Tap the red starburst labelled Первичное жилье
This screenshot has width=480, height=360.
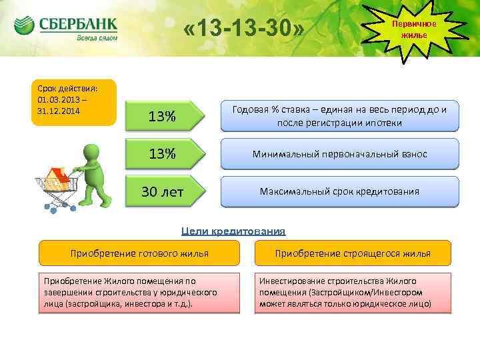click(x=414, y=29)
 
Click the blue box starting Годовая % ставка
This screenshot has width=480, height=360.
click(x=339, y=116)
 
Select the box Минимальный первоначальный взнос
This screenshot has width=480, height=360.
click(x=339, y=154)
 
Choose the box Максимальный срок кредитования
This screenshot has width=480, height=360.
click(x=339, y=192)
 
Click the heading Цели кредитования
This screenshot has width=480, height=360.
click(x=233, y=231)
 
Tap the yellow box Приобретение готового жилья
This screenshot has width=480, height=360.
click(x=139, y=253)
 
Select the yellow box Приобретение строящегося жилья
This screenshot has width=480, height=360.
click(x=353, y=253)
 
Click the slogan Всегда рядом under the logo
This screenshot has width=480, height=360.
click(x=97, y=39)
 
